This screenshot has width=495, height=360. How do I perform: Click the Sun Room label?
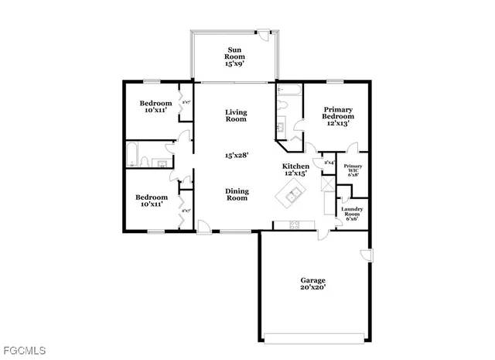click(x=234, y=56)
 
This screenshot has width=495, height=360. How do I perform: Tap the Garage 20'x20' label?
click(x=312, y=283)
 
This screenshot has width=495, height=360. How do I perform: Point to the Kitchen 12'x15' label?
click(x=295, y=170)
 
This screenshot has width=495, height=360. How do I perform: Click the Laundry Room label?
click(x=352, y=214)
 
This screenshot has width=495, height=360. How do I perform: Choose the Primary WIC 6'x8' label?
click(x=353, y=170)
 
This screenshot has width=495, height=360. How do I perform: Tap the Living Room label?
click(x=236, y=115)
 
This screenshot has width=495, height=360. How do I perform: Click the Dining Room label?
click(x=237, y=194)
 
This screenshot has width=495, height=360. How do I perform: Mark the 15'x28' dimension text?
click(x=236, y=156)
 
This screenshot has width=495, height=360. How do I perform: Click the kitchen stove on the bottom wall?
click(x=295, y=225)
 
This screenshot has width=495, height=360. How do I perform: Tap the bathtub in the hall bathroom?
click(x=133, y=155)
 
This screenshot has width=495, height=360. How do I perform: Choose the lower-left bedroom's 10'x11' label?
click(x=151, y=201)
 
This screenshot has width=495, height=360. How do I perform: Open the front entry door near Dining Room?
click(x=204, y=226)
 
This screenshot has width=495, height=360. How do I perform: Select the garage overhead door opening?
click(x=312, y=337)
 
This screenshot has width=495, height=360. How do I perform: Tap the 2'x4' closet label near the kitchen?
click(x=329, y=163)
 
